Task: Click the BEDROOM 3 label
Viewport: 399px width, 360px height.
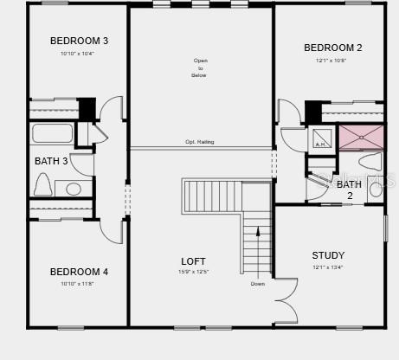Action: coord(79,41)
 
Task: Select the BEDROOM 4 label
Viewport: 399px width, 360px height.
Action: coord(79,272)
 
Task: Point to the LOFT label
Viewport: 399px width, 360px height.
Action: coord(193,261)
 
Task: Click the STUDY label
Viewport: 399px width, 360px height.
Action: coord(328,255)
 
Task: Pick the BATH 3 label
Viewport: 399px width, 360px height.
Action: coord(51,161)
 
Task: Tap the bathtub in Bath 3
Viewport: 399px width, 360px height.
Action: coord(53,133)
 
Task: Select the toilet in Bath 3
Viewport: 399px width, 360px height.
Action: coord(42,183)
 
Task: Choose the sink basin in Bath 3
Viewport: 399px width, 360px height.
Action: coord(74,189)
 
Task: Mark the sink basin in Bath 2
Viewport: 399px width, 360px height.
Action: coord(376,190)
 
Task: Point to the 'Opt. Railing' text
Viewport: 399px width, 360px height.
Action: coord(200,142)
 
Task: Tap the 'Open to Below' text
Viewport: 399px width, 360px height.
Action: coord(200,67)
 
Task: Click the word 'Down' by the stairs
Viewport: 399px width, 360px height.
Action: coord(258,284)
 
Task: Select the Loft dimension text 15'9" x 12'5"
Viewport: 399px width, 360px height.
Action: coord(193,273)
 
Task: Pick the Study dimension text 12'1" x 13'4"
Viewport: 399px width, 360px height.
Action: coord(328,267)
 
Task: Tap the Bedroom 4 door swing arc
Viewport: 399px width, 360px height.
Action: coord(111,229)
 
